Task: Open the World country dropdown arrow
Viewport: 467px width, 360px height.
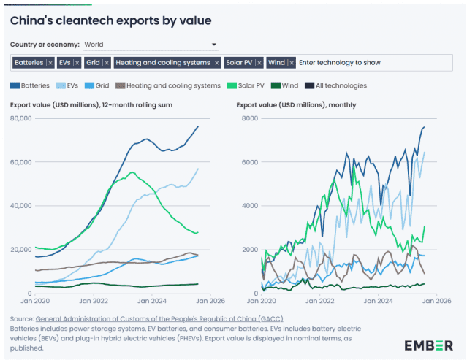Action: (x=214, y=45)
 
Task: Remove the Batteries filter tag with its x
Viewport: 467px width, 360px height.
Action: (x=50, y=63)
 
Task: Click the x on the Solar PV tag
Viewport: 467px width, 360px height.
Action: (x=258, y=63)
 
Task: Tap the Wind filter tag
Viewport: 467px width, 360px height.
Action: (x=277, y=63)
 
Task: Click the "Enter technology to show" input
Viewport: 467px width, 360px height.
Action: (x=340, y=63)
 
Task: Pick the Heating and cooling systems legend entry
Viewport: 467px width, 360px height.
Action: (x=173, y=85)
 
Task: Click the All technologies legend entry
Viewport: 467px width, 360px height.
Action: (x=340, y=85)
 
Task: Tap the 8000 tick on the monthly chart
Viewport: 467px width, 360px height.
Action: (x=248, y=118)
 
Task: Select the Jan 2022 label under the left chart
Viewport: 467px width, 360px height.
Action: (x=94, y=300)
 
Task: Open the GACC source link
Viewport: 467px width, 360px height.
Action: (x=159, y=319)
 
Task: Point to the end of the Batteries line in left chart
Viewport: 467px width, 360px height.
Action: (x=197, y=127)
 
